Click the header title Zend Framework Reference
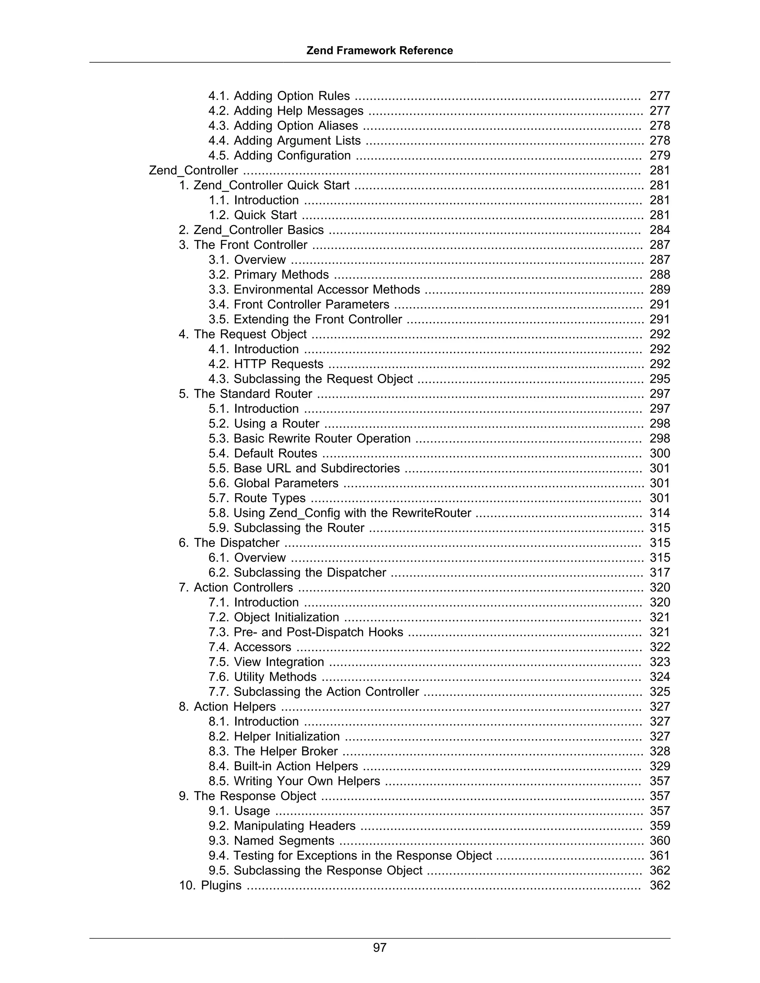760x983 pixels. [380, 50]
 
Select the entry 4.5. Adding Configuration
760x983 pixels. [279, 156]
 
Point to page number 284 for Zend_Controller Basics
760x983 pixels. [659, 230]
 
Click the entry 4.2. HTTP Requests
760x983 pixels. [266, 364]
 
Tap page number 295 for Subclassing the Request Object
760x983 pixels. [659, 379]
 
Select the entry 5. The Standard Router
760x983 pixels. [245, 394]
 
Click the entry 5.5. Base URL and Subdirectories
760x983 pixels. [304, 468]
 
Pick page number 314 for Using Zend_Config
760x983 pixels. [659, 513]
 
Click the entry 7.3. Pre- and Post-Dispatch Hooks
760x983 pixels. [306, 632]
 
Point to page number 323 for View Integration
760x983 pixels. [659, 662]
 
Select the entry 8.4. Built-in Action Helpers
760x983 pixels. [283, 766]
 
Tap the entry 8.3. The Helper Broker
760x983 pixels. [273, 751]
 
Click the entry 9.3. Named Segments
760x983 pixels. [271, 841]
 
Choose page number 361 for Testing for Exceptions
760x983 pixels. [659, 856]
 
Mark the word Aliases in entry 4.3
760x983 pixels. [338, 126]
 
